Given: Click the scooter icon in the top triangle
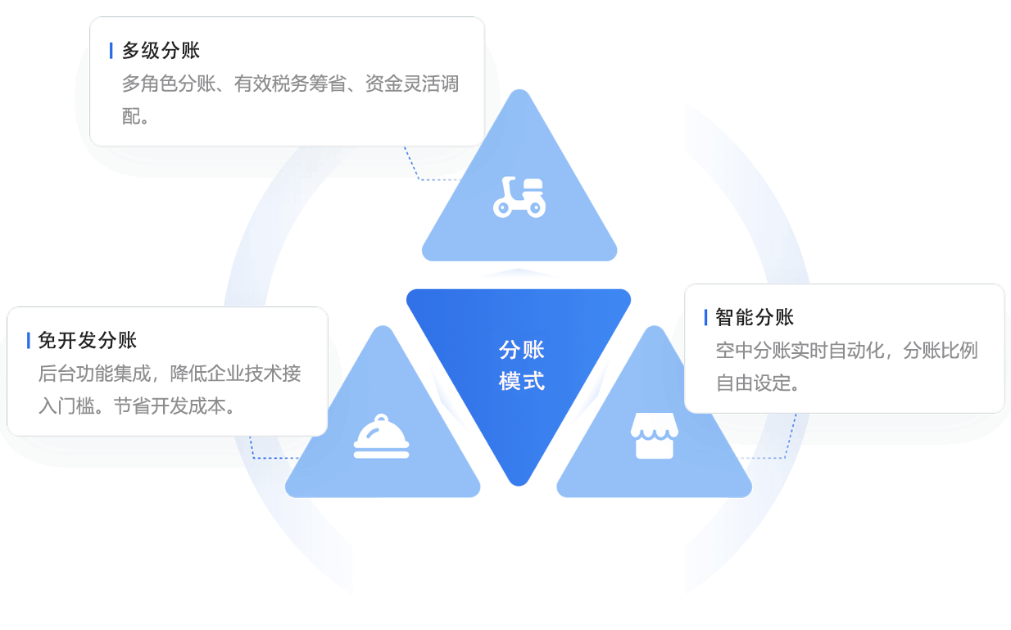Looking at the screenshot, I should pos(519,197).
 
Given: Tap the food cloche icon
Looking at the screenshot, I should pos(381,437).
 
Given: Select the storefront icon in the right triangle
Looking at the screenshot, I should pos(653,436).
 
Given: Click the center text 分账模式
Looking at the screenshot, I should pos(522,365).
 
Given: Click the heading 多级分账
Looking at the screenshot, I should pos(161,51).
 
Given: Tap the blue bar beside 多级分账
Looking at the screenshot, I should pos(111,51).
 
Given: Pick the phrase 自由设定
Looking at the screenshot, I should pos(748,383).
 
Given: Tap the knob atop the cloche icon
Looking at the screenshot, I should pos(381,419).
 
